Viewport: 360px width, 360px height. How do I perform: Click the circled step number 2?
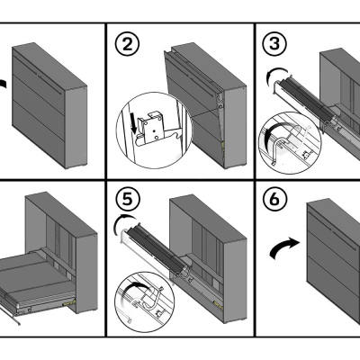pyautogui.click(x=128, y=44)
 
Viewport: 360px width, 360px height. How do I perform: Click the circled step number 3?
pyautogui.click(x=274, y=44)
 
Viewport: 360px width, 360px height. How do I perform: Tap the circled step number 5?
pyautogui.click(x=128, y=200)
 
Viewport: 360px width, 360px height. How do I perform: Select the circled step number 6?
pyautogui.click(x=274, y=200)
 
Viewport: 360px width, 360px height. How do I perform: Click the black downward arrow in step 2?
pyautogui.click(x=133, y=126)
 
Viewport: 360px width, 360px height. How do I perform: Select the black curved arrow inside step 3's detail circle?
pyautogui.click(x=273, y=129)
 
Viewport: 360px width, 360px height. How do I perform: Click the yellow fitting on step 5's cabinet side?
pyautogui.click(x=218, y=304)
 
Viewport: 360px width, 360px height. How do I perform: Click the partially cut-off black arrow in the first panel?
pyautogui.click(x=3, y=83)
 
